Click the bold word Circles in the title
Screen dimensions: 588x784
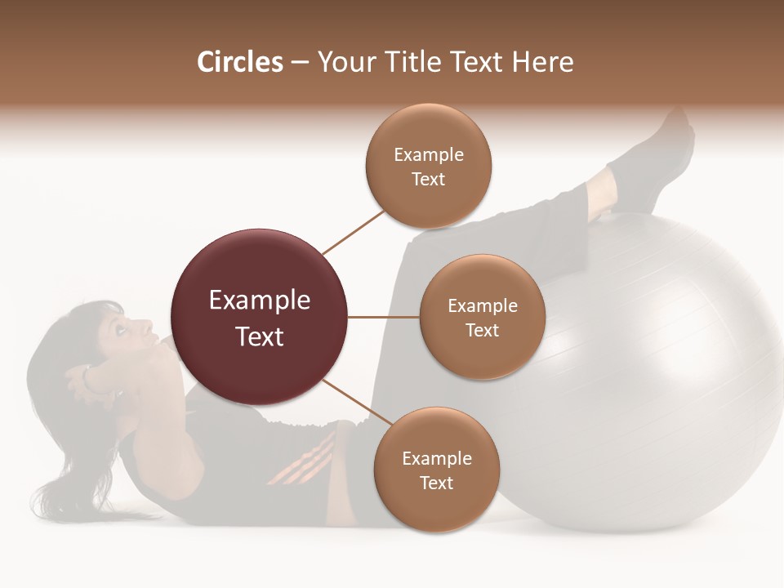coord(240,62)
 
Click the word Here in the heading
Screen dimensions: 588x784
coord(545,62)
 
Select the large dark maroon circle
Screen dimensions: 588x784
coord(260,317)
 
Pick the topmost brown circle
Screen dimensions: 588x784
coord(429,167)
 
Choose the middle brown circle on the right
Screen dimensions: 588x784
coord(482,318)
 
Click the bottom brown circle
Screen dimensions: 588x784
coord(436,470)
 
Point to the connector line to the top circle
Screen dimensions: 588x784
coord(353,231)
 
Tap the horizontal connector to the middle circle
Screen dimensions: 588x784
coord(384,317)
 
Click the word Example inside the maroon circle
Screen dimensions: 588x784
coord(260,301)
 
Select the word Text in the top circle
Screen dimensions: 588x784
coord(429,180)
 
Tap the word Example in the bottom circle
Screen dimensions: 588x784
coord(436,459)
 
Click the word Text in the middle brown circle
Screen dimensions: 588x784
coord(482,331)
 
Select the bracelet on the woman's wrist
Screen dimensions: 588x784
coord(86,377)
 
